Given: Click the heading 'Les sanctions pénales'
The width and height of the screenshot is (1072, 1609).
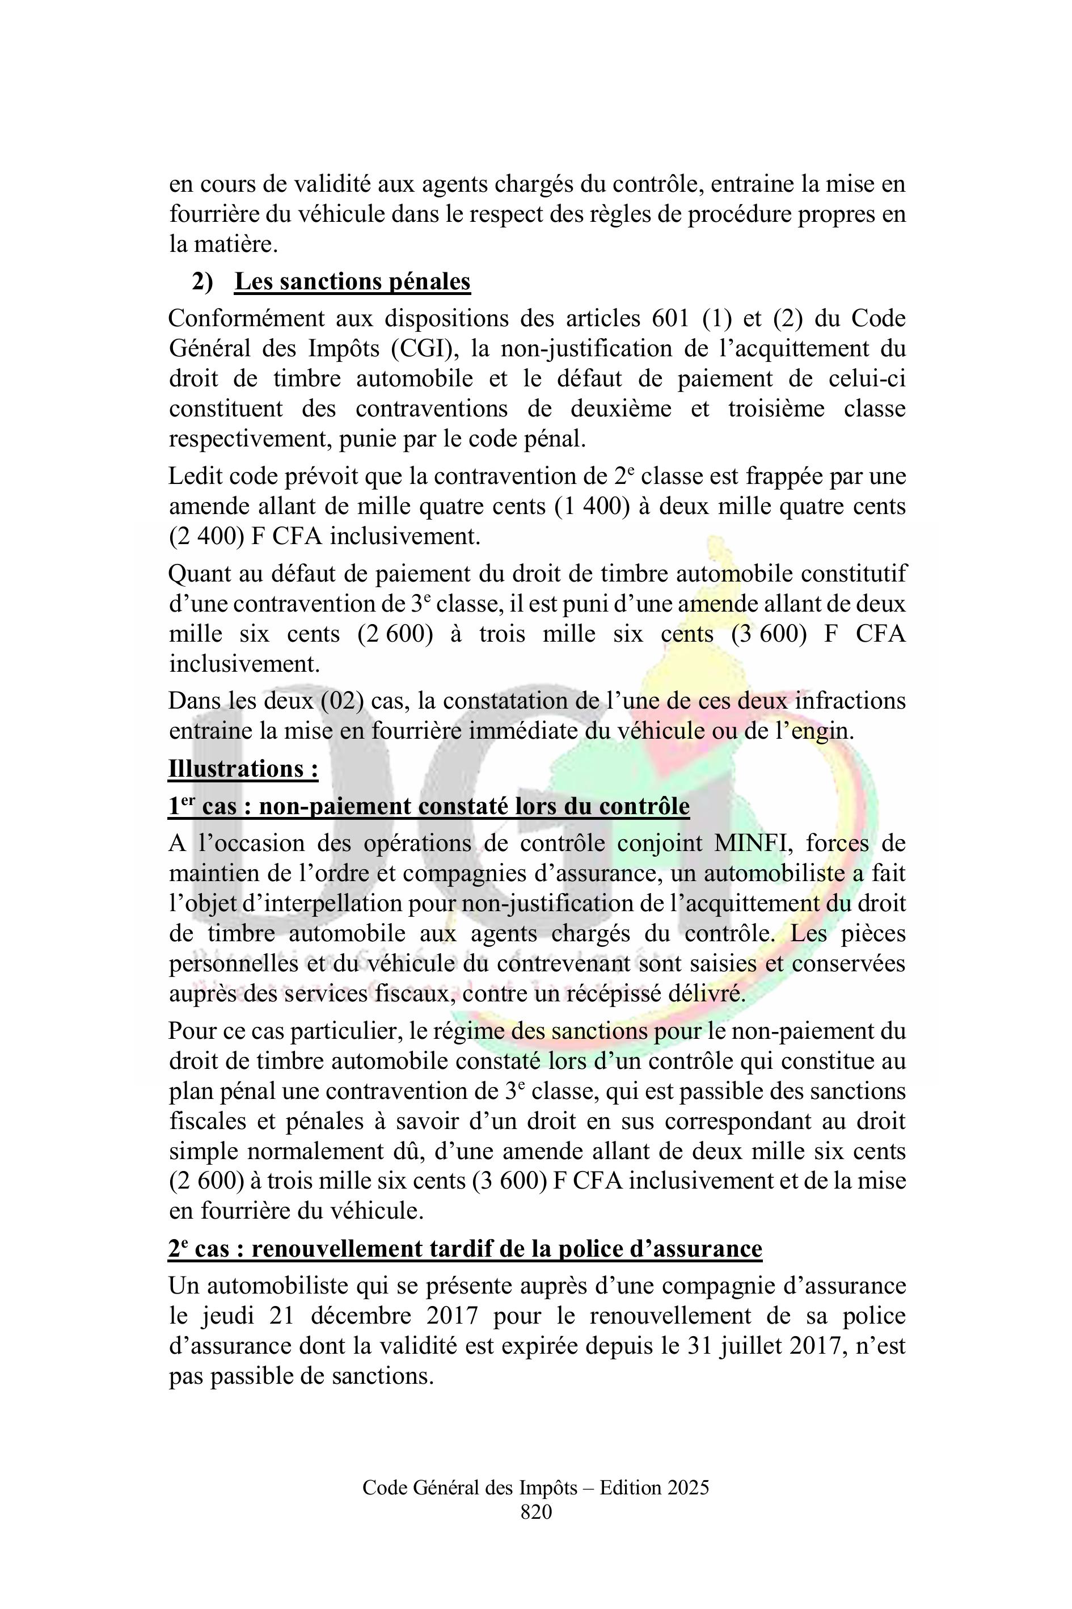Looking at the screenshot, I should point(352,282).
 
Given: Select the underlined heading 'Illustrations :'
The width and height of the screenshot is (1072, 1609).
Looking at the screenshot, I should point(243,769).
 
